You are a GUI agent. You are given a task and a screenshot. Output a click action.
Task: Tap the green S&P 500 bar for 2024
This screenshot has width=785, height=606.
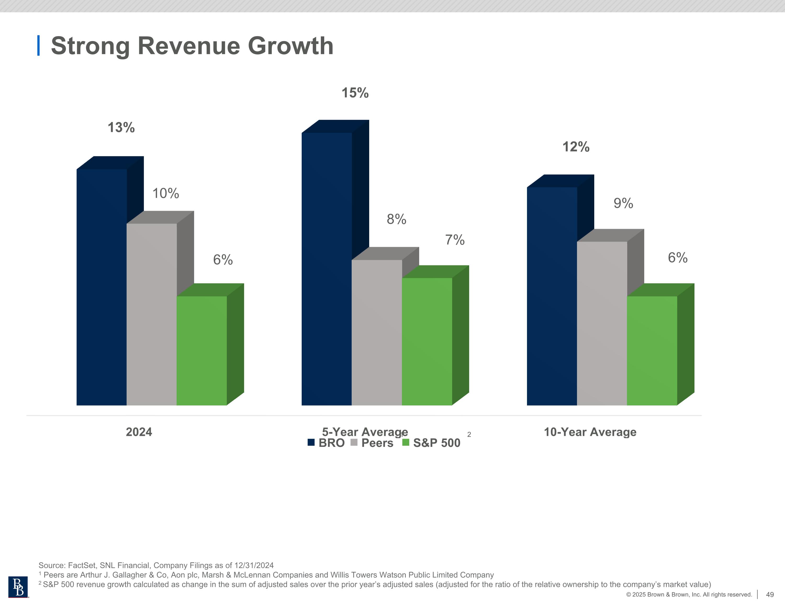coord(202,351)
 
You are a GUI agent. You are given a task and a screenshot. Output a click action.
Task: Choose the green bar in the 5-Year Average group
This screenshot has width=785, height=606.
coord(427,342)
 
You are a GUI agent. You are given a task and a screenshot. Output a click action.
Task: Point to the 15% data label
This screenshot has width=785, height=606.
coord(355,93)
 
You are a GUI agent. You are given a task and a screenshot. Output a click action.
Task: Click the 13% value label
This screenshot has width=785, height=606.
coord(121,127)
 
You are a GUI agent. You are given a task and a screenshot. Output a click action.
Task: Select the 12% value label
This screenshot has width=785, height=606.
coord(576,147)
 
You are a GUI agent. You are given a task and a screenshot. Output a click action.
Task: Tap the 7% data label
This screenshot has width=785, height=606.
coord(455,240)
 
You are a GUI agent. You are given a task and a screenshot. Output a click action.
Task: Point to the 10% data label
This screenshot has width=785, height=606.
coord(166,193)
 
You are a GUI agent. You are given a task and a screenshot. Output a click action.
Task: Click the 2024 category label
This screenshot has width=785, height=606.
coord(139,432)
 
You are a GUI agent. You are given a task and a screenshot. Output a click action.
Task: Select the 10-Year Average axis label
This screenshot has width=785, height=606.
coord(590,432)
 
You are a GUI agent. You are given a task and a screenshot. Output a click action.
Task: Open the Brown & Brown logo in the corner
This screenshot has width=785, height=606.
coord(18,587)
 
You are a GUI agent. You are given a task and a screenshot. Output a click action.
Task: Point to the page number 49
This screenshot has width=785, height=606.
coord(770,594)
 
